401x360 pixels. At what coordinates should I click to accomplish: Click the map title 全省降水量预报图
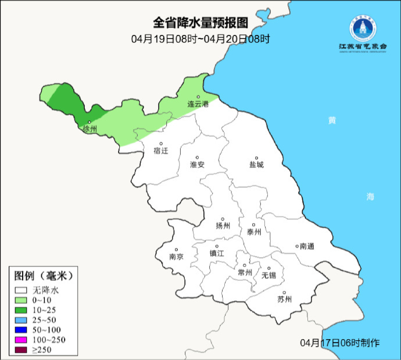[201, 23]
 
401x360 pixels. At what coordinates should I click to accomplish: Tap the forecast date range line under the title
[201, 39]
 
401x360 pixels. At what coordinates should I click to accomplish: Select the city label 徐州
[90, 129]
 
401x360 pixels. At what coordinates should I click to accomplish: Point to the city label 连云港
[198, 104]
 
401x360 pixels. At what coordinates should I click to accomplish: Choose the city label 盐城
[256, 165]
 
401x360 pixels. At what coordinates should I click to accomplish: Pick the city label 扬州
[223, 226]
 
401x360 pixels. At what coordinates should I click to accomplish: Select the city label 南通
[306, 247]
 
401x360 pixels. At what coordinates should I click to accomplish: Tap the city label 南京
[176, 256]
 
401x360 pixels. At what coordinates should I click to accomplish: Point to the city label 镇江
[217, 254]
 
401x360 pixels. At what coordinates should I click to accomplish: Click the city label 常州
[245, 272]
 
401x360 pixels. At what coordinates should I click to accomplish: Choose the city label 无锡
[268, 275]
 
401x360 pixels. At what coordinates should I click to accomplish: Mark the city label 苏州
[284, 300]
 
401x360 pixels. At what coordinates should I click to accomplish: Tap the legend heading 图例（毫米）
[45, 275]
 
